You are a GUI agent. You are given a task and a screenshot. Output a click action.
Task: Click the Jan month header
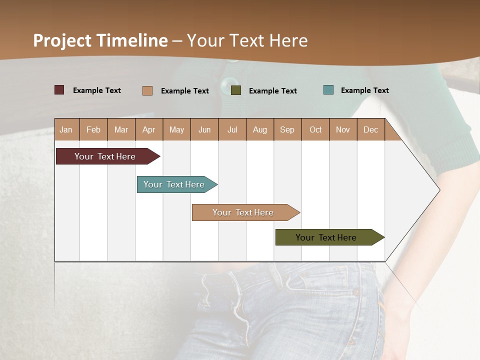tap(66, 130)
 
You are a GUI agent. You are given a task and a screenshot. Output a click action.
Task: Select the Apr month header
tap(149, 130)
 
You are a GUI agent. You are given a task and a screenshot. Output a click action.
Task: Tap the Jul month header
tap(232, 130)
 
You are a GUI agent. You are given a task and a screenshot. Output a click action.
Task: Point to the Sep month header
tap(287, 130)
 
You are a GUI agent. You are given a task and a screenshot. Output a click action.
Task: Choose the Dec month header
tap(371, 130)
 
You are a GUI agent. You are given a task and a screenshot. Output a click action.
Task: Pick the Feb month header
tap(93, 130)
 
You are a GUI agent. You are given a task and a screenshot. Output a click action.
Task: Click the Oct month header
tap(315, 130)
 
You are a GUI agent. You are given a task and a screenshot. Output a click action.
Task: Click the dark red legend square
tap(59, 90)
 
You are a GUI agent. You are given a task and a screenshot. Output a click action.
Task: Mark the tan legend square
tap(147, 90)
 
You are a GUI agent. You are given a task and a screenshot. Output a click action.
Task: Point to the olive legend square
tap(236, 90)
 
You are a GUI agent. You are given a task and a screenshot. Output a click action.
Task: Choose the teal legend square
tap(328, 90)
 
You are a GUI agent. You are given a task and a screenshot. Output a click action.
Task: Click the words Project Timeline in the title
tap(100, 40)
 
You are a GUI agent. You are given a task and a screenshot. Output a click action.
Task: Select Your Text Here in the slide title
tap(247, 40)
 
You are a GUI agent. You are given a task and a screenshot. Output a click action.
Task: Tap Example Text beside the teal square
tap(364, 90)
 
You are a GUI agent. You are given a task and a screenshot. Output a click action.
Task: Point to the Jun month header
tap(204, 130)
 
